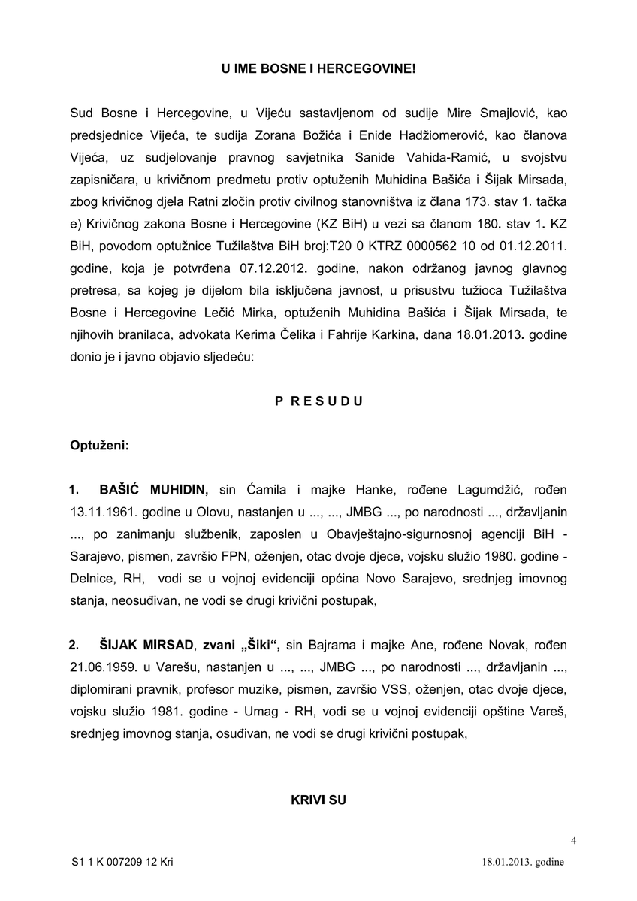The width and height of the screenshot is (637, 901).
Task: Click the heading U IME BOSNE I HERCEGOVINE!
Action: [318, 68]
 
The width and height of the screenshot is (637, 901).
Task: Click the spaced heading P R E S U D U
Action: [318, 401]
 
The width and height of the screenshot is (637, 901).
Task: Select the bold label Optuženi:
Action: [99, 446]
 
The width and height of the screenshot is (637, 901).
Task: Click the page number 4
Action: [574, 840]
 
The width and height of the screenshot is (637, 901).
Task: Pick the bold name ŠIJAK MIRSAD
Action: [143, 645]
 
